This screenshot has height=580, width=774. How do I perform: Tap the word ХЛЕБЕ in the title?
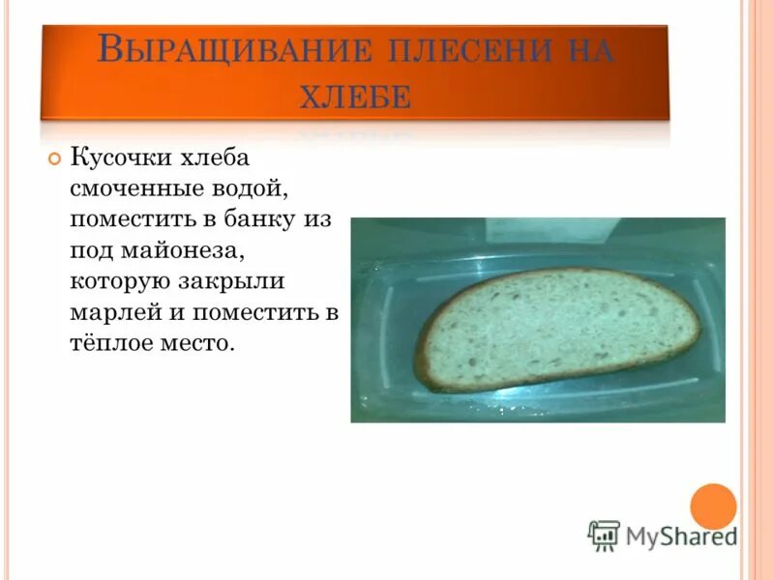pyautogui.click(x=354, y=96)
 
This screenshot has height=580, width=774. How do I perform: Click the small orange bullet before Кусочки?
pyautogui.click(x=54, y=159)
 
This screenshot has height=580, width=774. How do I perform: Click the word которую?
pyautogui.click(x=117, y=281)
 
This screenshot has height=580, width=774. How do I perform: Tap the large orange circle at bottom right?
pyautogui.click(x=713, y=506)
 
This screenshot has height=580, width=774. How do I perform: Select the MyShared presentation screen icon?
pyautogui.click(x=604, y=536)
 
